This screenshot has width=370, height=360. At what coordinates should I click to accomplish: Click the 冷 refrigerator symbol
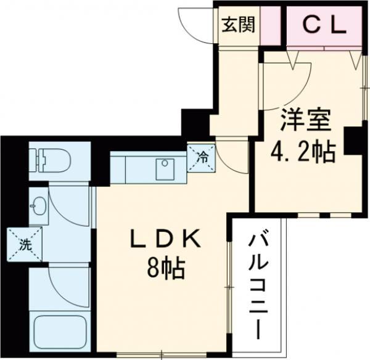(202, 157)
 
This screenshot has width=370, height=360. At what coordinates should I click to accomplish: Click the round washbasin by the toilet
(38, 207)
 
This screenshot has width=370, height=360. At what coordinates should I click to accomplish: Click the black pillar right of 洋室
(353, 141)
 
